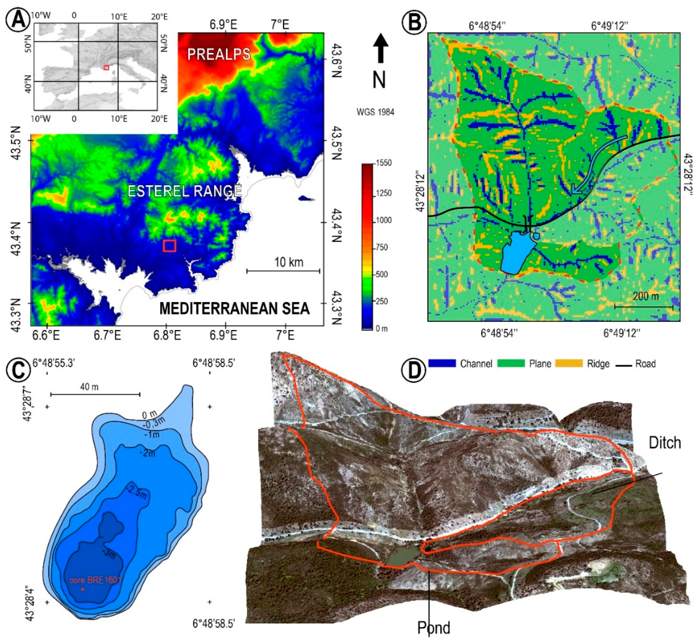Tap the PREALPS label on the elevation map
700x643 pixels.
pyautogui.click(x=219, y=54)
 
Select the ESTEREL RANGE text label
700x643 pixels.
pyautogui.click(x=184, y=191)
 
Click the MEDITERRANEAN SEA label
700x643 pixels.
pyautogui.click(x=234, y=309)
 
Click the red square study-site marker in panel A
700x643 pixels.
pyautogui.click(x=169, y=246)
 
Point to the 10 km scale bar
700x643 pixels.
pyautogui.click(x=283, y=271)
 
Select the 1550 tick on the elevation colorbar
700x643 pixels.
pyautogui.click(x=384, y=163)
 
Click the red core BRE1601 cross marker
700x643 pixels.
pyautogui.click(x=82, y=589)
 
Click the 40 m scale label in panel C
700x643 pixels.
pyautogui.click(x=89, y=387)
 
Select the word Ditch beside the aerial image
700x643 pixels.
pyautogui.click(x=664, y=443)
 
